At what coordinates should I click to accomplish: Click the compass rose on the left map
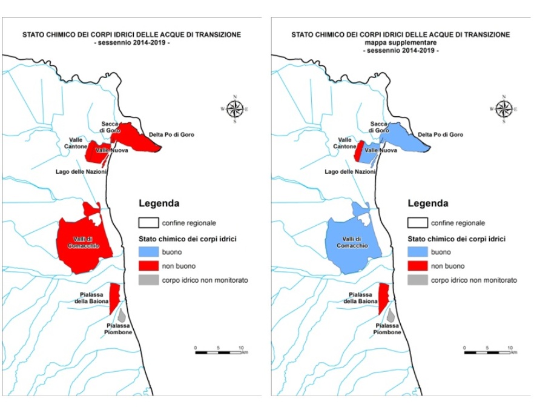pyautogui.click(x=235, y=109)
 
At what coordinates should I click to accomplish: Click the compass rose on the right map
pyautogui.click(x=504, y=109)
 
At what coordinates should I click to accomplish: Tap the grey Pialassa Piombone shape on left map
pyautogui.click(x=121, y=316)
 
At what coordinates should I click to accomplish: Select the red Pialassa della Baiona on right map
pyautogui.click(x=383, y=299)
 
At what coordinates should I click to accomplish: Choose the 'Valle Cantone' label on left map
pyautogui.click(x=77, y=143)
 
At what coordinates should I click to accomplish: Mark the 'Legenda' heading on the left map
pyautogui.click(x=159, y=203)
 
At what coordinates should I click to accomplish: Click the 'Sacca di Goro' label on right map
pyautogui.click(x=379, y=127)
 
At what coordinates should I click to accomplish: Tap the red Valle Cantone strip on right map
pyautogui.click(x=358, y=151)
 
